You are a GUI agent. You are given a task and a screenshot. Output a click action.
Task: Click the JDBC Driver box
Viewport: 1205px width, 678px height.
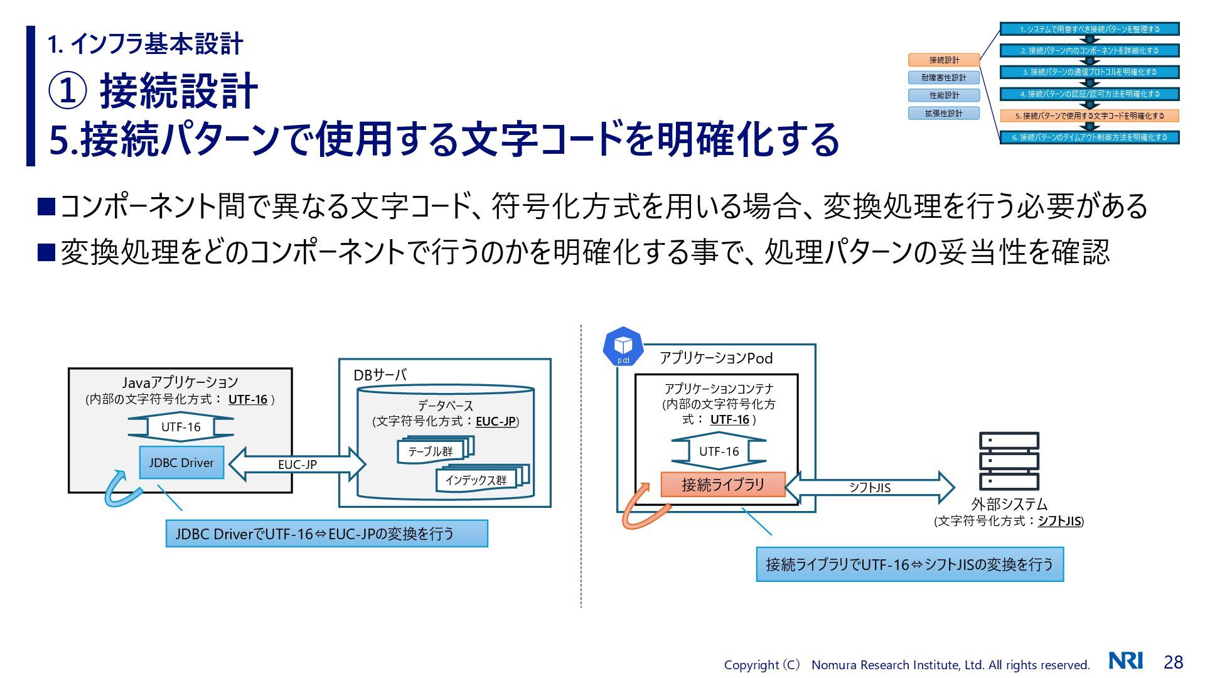click(x=181, y=463)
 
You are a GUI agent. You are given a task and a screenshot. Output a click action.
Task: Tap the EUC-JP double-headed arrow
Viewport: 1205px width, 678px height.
click(x=297, y=465)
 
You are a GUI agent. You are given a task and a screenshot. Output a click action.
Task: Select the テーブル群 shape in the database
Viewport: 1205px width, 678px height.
click(x=431, y=451)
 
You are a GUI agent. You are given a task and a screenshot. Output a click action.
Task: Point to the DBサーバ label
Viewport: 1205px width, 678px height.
click(x=380, y=375)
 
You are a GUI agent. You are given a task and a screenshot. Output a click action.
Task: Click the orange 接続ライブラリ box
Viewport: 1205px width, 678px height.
click(x=723, y=485)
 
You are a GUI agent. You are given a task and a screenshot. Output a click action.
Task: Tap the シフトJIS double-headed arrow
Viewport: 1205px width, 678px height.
click(x=869, y=487)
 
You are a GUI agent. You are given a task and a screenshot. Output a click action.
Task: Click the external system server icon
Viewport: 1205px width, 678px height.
click(x=1009, y=461)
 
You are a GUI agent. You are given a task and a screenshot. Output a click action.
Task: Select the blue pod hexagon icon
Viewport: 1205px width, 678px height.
click(x=623, y=347)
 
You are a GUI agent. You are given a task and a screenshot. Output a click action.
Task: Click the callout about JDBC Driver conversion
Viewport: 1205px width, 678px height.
click(x=326, y=534)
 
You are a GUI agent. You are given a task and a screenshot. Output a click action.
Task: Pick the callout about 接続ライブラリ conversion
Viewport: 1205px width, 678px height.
click(x=909, y=564)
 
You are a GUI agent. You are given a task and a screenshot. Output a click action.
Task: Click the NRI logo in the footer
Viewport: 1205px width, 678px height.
click(x=1125, y=661)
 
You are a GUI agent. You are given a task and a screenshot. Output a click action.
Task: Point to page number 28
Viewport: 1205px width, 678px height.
click(x=1173, y=662)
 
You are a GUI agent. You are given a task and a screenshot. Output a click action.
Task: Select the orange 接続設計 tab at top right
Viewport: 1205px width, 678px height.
click(x=944, y=60)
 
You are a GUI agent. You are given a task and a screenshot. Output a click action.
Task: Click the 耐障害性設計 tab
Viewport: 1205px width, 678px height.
click(x=944, y=78)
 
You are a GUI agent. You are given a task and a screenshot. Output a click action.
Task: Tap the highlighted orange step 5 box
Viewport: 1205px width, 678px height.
click(x=1089, y=116)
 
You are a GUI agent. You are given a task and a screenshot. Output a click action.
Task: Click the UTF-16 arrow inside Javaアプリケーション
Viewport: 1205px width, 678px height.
click(x=181, y=427)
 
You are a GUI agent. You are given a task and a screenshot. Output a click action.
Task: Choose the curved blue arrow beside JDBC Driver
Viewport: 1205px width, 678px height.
click(x=121, y=490)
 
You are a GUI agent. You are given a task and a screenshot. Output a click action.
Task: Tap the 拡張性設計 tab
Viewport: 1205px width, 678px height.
click(x=944, y=114)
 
